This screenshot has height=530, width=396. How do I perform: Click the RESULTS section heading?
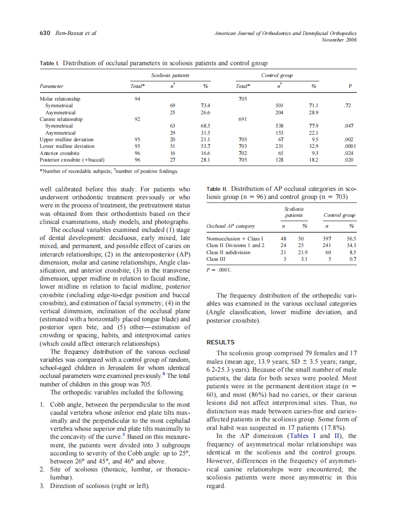pyautogui.click(x=221, y=342)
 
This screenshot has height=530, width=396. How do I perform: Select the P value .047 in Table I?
pyautogui.click(x=349, y=126)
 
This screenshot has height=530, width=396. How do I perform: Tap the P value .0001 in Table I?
pyautogui.click(x=349, y=146)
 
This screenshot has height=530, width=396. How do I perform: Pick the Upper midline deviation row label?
pyautogui.click(x=66, y=140)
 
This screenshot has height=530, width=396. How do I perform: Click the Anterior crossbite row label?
pyautogui.click(x=59, y=153)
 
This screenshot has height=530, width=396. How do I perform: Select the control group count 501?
pyautogui.click(x=278, y=106)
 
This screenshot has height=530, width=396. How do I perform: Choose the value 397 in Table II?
pyautogui.click(x=327, y=239)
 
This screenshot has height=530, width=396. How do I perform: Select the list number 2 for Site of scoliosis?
pyautogui.click(x=42, y=469)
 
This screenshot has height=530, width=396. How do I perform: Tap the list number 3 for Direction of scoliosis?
pyautogui.click(x=42, y=486)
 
